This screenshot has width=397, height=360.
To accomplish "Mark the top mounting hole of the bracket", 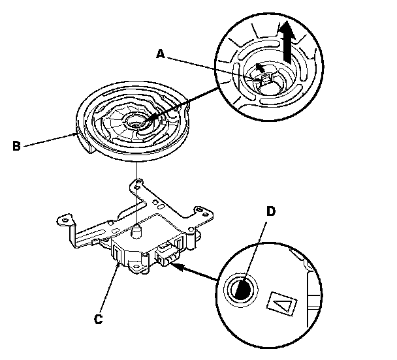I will pos(136,185).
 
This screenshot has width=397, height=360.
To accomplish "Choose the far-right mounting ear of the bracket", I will pos(202,211).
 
